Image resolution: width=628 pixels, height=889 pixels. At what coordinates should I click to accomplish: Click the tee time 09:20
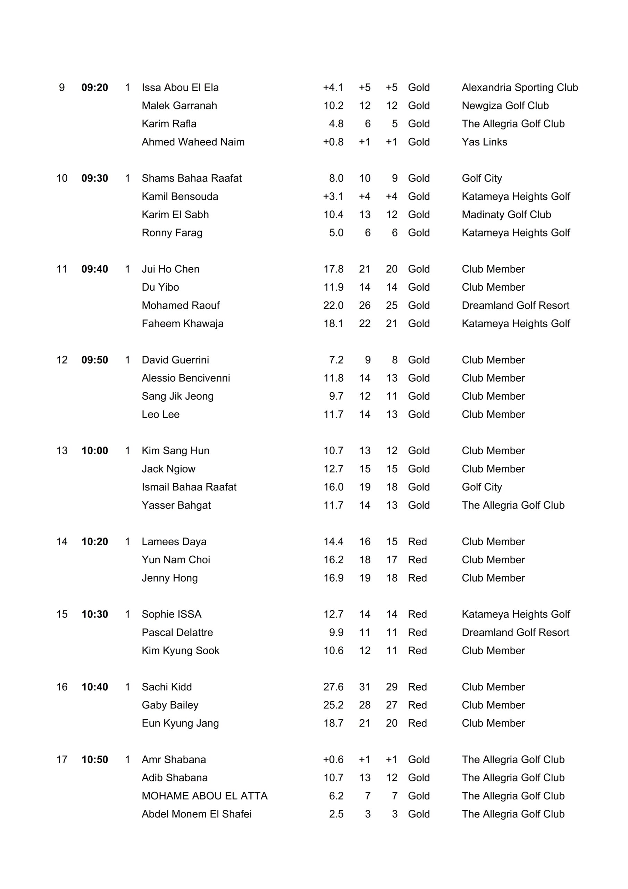tap(94, 88)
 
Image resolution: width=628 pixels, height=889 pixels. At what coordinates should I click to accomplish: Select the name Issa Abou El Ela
tap(180, 88)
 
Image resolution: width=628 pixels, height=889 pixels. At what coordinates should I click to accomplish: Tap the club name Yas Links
tap(484, 142)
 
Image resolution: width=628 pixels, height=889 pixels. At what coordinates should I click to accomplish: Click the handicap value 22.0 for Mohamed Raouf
tap(333, 306)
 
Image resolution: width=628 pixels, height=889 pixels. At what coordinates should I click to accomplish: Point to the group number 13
tap(62, 451)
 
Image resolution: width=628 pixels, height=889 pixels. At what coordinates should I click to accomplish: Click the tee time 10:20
tap(94, 542)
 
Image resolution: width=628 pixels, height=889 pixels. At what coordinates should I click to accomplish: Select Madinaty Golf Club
tap(506, 215)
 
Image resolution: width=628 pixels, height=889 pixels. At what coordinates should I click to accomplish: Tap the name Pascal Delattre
tap(177, 633)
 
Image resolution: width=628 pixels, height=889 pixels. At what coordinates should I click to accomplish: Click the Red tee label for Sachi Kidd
tap(417, 687)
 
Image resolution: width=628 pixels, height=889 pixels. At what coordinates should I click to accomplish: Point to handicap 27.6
tap(333, 687)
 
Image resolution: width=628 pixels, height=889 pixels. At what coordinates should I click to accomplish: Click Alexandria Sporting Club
tap(520, 88)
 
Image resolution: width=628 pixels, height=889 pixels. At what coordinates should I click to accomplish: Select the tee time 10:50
tap(94, 760)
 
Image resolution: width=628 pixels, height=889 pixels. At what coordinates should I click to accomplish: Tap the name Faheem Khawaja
tap(182, 324)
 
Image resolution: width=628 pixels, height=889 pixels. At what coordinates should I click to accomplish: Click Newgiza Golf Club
tap(505, 106)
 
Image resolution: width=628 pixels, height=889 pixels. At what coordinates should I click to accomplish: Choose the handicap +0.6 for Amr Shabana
tap(333, 760)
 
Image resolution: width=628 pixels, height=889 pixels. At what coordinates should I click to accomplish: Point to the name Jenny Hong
tap(169, 578)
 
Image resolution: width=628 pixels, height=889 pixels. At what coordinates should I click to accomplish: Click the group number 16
tap(62, 687)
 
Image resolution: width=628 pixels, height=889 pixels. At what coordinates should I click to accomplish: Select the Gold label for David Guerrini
tap(419, 360)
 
